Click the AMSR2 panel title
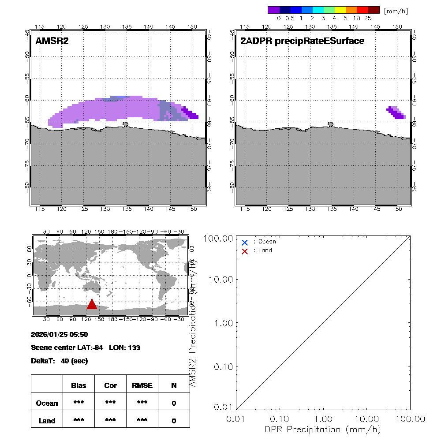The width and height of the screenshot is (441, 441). click(52, 41)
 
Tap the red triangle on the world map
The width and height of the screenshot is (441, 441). click(92, 304)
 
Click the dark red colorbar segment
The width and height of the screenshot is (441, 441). click(373, 10)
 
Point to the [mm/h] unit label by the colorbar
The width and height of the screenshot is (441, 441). click(396, 11)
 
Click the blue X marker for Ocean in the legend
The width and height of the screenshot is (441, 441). click(245, 242)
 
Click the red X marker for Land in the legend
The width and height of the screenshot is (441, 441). click(245, 251)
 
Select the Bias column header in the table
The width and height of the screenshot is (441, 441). click(78, 385)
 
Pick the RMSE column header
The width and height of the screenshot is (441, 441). click(142, 385)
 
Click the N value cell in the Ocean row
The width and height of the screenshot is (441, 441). click(174, 403)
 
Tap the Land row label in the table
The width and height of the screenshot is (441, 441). click(47, 421)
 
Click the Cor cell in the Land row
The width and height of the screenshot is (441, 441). click(110, 421)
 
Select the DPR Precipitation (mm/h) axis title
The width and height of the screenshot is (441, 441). click(324, 429)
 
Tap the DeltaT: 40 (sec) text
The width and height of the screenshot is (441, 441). click(60, 361)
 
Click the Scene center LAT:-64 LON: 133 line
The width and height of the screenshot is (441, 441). click(86, 348)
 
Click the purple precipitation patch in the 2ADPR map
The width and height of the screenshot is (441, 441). click(396, 113)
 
